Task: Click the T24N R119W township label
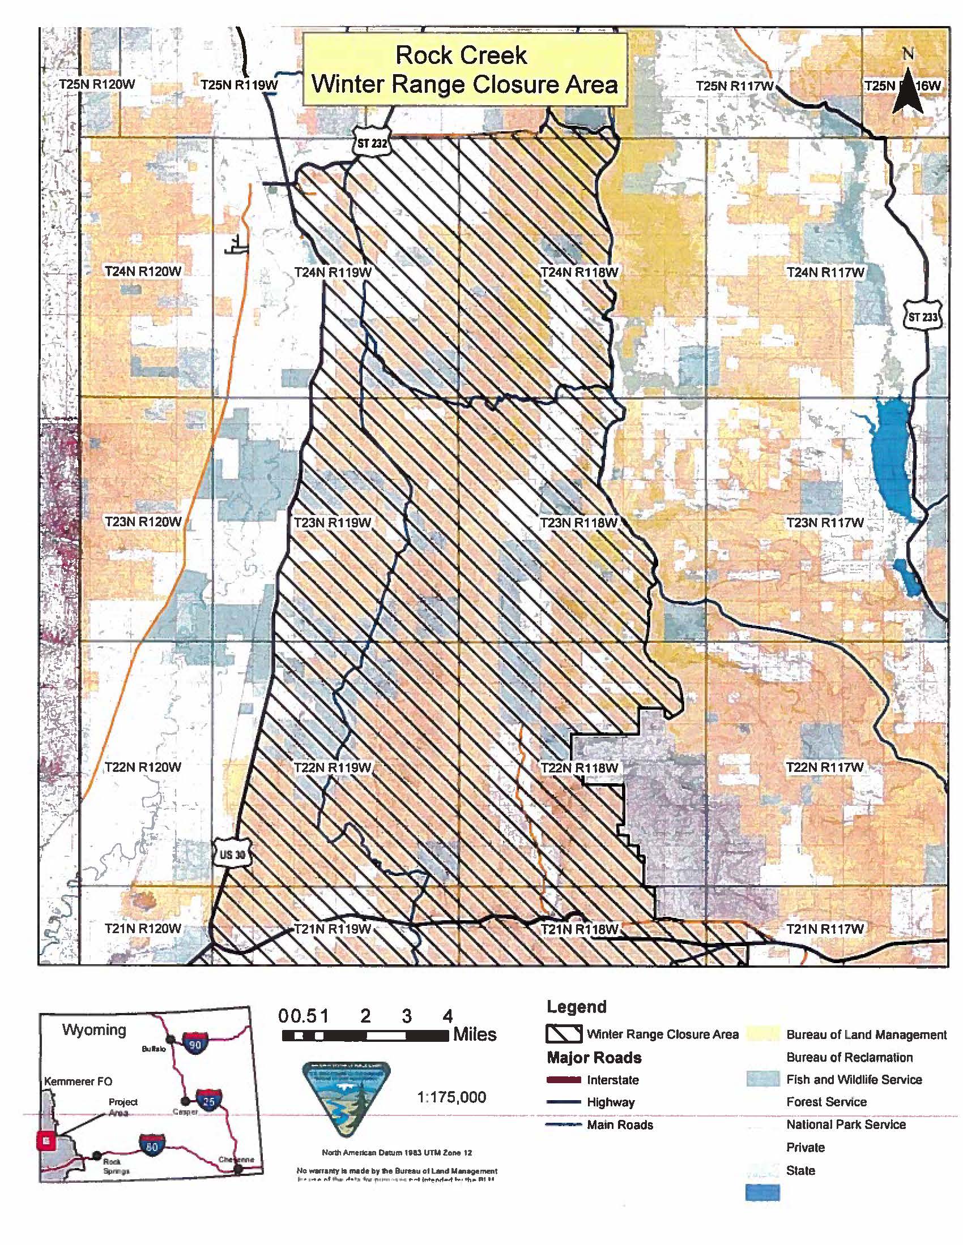click(x=333, y=273)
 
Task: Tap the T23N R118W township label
click(x=579, y=523)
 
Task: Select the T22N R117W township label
click(x=825, y=767)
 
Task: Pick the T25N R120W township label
click(x=97, y=84)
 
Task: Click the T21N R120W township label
click(x=143, y=929)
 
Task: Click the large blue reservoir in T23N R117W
click(x=890, y=456)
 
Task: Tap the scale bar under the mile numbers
click(x=365, y=1035)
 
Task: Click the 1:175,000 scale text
click(x=451, y=1097)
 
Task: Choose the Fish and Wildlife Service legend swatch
click(x=762, y=1079)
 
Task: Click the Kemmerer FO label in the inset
click(x=78, y=1081)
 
